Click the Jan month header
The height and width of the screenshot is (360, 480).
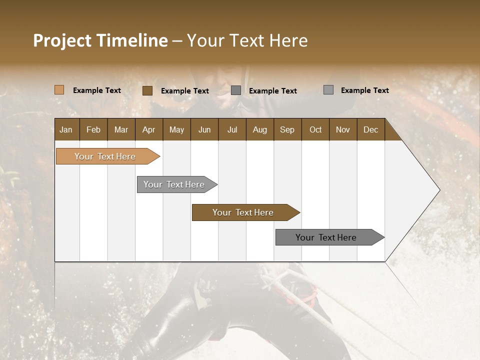[x=66, y=130]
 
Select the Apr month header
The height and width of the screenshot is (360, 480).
[x=149, y=130]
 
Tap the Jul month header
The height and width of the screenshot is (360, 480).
[x=232, y=130]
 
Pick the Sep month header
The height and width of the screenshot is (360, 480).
[x=287, y=130]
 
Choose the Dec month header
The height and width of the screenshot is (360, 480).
[x=370, y=130]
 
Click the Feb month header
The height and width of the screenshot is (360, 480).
[x=93, y=130]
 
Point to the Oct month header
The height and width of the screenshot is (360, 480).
[x=315, y=130]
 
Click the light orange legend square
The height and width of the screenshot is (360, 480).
[x=59, y=90]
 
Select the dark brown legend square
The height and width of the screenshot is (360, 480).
[x=147, y=90]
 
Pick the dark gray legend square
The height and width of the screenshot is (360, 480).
[x=236, y=90]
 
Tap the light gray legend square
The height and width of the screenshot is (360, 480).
[x=328, y=90]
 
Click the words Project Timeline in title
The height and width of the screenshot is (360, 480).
[x=100, y=40]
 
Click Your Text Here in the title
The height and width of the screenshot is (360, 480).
[x=247, y=40]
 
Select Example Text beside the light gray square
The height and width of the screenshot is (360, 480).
[x=364, y=90]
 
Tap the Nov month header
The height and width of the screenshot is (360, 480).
[x=343, y=130]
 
